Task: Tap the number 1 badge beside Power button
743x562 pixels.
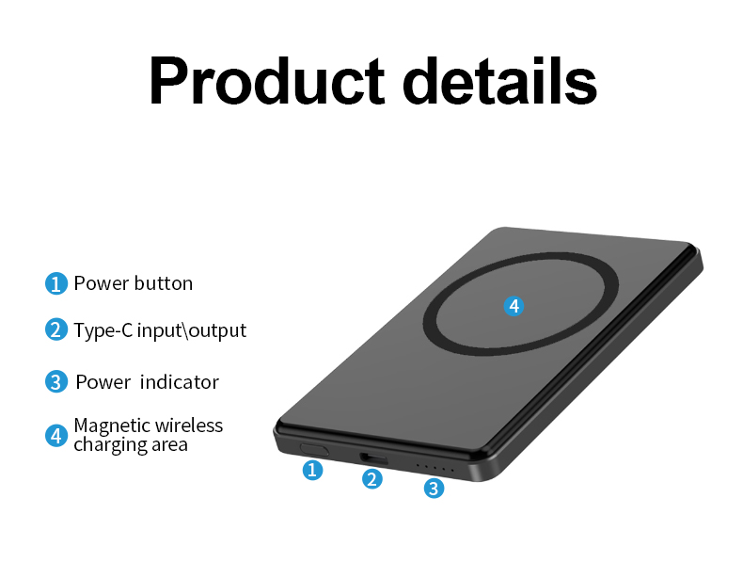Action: coord(56,283)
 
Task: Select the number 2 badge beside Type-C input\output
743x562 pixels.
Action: coord(56,330)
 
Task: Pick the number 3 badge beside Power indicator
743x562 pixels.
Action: coord(56,382)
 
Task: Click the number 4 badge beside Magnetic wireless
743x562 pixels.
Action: coord(56,435)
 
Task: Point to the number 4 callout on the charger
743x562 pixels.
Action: coord(513,306)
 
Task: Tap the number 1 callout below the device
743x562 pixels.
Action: coord(313,470)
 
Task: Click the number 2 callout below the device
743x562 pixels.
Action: coord(373,479)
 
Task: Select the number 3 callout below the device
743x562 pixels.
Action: coord(434,488)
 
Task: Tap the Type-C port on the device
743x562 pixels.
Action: coord(373,458)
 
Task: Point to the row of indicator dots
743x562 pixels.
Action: coord(435,468)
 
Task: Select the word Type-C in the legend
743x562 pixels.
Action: coord(103,331)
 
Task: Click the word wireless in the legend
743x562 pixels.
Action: coord(189,426)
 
